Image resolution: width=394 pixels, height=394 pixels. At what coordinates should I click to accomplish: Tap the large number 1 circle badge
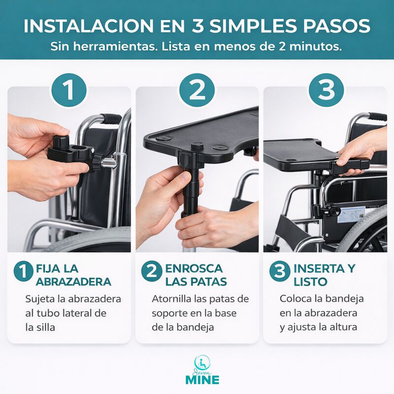[69, 90]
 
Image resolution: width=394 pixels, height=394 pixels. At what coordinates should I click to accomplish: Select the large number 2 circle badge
[197, 90]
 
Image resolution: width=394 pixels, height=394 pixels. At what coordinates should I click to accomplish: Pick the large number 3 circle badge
[325, 90]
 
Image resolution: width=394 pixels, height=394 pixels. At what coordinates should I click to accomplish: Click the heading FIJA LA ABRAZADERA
[73, 275]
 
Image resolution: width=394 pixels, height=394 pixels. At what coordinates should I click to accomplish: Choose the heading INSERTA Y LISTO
[324, 275]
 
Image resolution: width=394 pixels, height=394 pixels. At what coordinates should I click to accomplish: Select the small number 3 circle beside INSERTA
[278, 272]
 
